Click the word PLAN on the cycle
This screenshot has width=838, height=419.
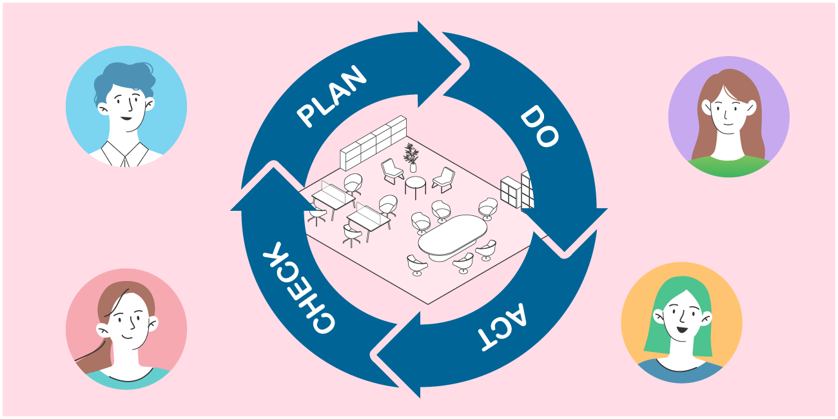tap(331, 96)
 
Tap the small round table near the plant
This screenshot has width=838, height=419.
tap(415, 183)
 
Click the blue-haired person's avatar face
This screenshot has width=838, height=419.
tap(126, 106)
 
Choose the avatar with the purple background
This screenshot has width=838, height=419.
tap(728, 117)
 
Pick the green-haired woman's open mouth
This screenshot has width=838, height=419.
tap(681, 329)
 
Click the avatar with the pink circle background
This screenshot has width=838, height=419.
tap(126, 329)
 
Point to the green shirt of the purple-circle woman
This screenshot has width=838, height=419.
tap(728, 166)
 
